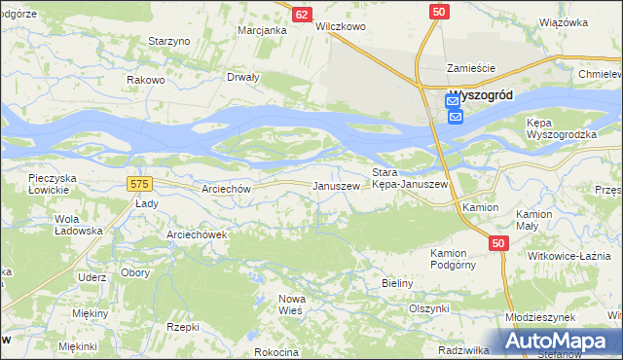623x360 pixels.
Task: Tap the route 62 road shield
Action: [302, 14]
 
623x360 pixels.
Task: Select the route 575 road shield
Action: [138, 182]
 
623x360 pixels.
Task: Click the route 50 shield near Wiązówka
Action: [439, 10]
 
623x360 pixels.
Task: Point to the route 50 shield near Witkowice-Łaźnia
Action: [498, 244]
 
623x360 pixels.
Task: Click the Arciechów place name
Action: [227, 189]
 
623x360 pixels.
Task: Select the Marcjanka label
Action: [263, 30]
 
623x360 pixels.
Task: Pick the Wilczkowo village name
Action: [341, 27]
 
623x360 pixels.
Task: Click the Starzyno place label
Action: [168, 41]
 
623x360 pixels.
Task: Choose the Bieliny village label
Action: [396, 283]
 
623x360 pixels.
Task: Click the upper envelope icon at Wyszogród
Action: [454, 99]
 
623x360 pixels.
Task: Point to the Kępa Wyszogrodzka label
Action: [560, 128]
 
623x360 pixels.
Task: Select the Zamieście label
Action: [471, 68]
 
